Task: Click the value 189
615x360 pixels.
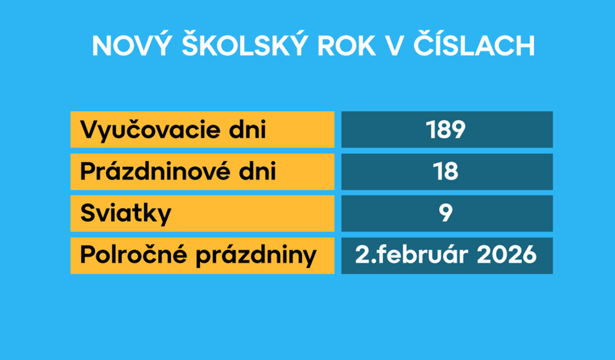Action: coord(446,129)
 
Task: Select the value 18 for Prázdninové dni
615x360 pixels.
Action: coord(446,172)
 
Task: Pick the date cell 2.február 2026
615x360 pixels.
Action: coord(446,255)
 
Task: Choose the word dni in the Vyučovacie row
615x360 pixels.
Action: coord(247,129)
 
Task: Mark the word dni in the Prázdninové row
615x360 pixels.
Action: coord(259,172)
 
